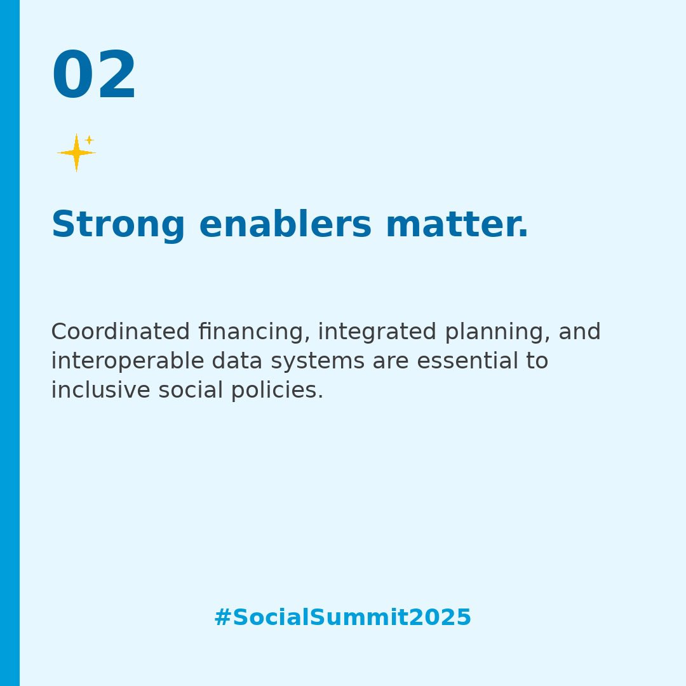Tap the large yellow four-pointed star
76,153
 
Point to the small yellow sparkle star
90,140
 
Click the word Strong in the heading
118,225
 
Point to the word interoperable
127,361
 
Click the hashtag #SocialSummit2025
342,618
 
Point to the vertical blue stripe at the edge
10,343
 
